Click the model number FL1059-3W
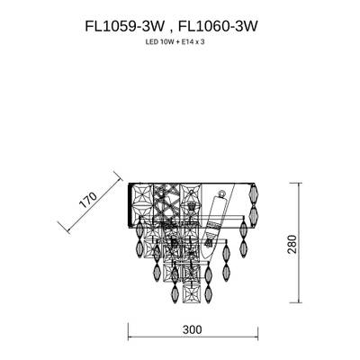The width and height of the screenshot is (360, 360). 121,26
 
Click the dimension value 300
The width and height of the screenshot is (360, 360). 190,330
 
